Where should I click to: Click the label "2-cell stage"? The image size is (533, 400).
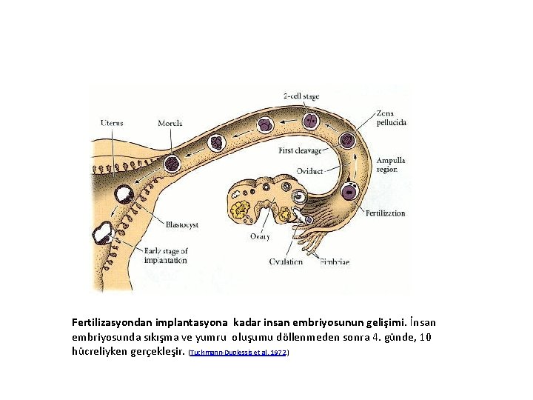click(x=301, y=96)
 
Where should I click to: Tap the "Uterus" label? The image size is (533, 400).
click(x=112, y=122)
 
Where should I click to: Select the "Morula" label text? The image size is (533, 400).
click(x=170, y=122)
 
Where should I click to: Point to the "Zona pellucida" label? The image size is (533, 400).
click(x=390, y=117)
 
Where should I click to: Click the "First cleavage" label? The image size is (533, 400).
click(x=301, y=150)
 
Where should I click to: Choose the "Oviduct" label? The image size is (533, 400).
click(x=309, y=171)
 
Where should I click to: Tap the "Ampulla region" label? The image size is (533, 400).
click(x=390, y=164)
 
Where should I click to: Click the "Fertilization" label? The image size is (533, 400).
click(x=385, y=213)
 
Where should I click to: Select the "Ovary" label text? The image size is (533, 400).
click(x=259, y=236)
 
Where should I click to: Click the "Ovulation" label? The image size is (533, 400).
click(x=286, y=261)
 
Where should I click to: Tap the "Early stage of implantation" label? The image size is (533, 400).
click(x=166, y=256)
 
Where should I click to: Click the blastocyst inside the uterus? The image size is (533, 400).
click(x=121, y=194)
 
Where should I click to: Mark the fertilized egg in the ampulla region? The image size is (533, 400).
click(x=347, y=193)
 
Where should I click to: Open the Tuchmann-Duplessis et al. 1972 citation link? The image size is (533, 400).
click(x=238, y=354)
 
